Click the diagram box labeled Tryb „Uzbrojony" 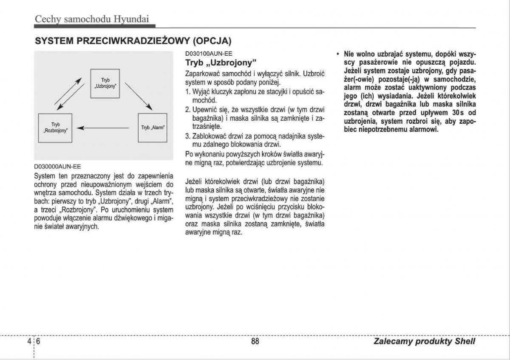[x=105, y=83]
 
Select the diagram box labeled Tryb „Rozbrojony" [x=55, y=128]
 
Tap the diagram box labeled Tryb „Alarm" [x=153, y=128]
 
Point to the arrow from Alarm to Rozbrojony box [x=105, y=128]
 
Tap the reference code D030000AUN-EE [x=57, y=167]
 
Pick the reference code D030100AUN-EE [x=209, y=54]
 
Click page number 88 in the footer [x=255, y=341]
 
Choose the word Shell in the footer [x=465, y=341]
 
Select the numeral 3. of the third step [x=188, y=136]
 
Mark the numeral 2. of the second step [x=188, y=110]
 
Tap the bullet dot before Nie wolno [x=337, y=54]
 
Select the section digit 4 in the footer [x=29, y=341]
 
